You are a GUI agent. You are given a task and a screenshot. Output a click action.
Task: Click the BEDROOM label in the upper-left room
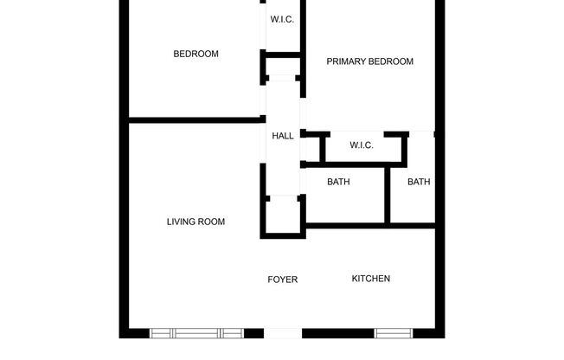pos(195,54)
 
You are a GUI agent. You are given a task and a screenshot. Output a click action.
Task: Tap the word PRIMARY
pos(346,61)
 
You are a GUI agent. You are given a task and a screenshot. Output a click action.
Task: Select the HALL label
pos(283,136)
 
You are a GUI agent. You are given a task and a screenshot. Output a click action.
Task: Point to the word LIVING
pos(181,222)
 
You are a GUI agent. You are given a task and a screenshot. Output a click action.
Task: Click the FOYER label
pos(282,280)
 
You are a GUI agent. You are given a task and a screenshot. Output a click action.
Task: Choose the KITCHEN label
pos(370,279)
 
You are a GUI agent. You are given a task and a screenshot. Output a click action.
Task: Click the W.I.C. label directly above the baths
pos(362,145)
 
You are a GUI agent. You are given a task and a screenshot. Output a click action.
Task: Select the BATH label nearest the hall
pos(338,182)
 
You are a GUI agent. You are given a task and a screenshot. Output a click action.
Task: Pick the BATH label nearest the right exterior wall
pos(419,182)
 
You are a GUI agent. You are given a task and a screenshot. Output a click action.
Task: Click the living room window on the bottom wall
pos(196,332)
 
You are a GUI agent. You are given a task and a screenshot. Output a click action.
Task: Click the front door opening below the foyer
pos(282,333)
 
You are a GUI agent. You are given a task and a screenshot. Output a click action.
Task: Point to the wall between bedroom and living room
pos(195,119)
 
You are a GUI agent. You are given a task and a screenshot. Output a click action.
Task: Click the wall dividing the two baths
pos(388,195)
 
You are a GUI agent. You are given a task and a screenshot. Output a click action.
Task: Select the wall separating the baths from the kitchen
pos(370,226)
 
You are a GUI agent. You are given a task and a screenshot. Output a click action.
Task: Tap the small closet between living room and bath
pos(282,215)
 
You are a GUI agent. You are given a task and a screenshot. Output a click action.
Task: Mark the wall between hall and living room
pos(263,199)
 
